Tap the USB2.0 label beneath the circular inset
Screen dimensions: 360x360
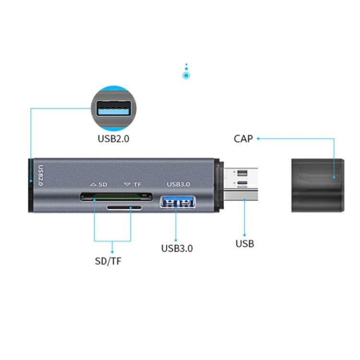coord(113,139)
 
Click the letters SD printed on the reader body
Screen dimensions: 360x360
coord(103,184)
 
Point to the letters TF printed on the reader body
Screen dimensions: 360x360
coord(137,184)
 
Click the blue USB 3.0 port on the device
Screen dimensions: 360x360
coord(177,203)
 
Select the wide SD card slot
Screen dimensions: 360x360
coord(116,196)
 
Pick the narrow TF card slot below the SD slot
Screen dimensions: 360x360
coord(124,208)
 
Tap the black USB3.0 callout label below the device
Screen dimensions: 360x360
coord(177,248)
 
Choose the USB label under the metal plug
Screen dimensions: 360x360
coord(244,243)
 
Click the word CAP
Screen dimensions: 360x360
coord(243,139)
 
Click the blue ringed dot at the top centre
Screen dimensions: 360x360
coord(186,75)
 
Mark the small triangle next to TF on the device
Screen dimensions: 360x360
coord(127,184)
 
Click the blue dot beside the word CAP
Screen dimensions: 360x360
coord(258,139)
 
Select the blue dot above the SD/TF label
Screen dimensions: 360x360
coord(112,251)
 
